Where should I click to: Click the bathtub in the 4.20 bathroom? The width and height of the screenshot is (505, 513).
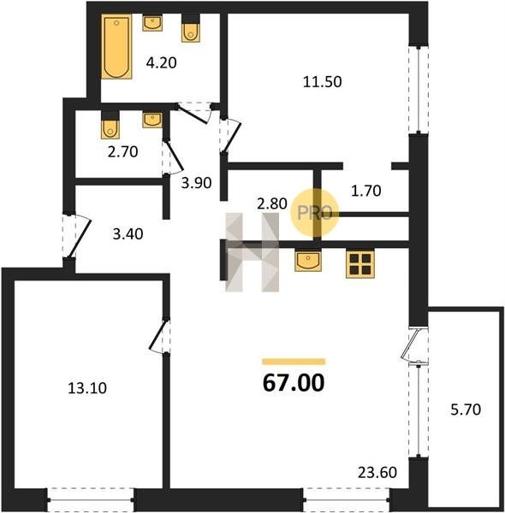[x=116, y=46]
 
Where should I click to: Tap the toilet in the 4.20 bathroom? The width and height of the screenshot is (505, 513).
[x=191, y=29]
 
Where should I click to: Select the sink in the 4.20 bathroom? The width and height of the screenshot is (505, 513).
[x=152, y=24]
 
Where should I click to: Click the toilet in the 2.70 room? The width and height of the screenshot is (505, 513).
[x=110, y=126]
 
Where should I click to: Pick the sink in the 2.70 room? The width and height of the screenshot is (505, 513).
[x=152, y=120]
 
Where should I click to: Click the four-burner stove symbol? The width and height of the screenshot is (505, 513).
[x=360, y=263]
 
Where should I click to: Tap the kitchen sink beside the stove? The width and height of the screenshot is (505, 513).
[x=308, y=260]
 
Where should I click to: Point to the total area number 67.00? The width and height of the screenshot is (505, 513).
[x=294, y=383]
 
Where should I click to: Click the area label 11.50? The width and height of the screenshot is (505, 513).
[x=322, y=82]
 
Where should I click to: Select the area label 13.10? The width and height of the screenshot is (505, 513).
[x=87, y=388]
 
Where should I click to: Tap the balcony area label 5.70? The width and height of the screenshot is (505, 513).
[x=466, y=410]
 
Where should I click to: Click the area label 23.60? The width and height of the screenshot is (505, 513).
[x=377, y=473]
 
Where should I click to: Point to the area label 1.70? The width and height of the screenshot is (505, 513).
[x=365, y=191]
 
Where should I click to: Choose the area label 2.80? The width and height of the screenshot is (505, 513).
[x=272, y=203]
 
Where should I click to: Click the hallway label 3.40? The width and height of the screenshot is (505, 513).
[x=128, y=234]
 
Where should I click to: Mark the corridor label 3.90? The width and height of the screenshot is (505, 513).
[x=197, y=183]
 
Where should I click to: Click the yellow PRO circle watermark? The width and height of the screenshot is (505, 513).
[x=314, y=213]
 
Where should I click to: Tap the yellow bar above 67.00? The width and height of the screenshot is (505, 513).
[x=294, y=362]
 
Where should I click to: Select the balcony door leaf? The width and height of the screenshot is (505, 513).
[x=410, y=345]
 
